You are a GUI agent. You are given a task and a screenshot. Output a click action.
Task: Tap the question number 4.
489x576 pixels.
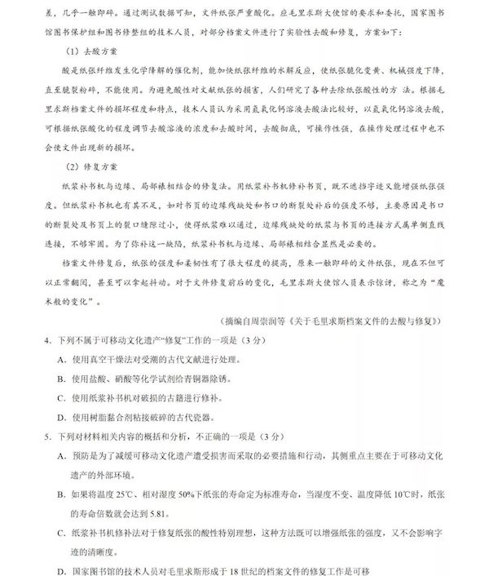coord(48,339)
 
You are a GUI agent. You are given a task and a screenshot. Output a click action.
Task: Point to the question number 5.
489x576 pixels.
coord(48,435)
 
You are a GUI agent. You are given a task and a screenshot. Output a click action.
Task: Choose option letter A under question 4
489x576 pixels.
coord(62,360)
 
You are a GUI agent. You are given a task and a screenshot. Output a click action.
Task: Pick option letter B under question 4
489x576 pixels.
coord(62,379)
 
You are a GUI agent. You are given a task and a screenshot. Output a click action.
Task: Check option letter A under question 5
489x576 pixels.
coord(62,456)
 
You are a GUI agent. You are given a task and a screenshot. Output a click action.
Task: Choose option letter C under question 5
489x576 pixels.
coord(62,533)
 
